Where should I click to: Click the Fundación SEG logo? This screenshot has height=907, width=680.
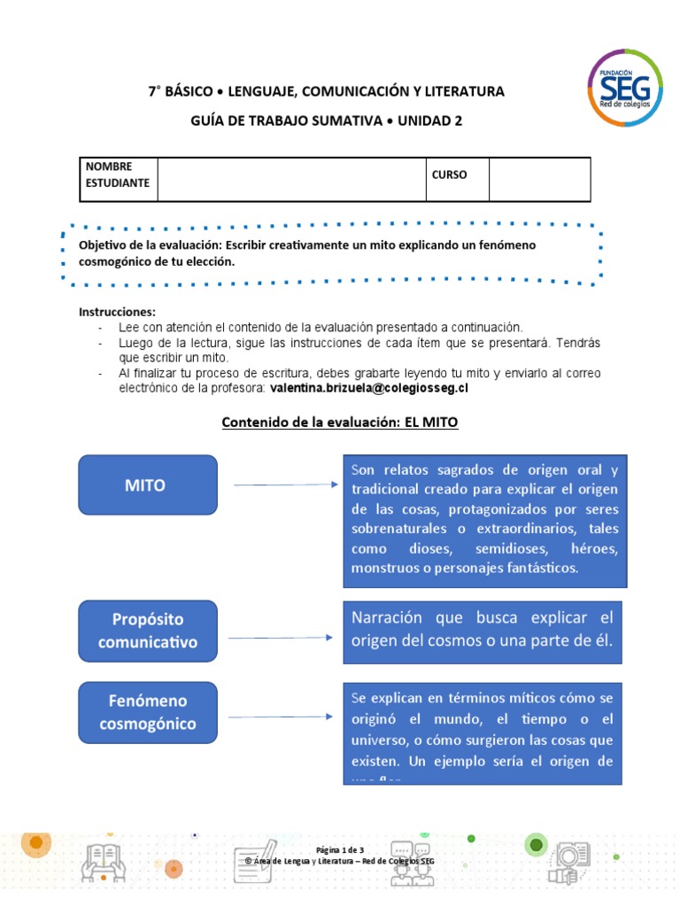point(623,87)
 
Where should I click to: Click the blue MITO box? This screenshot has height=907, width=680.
point(148,485)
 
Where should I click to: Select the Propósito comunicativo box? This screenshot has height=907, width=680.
point(148,631)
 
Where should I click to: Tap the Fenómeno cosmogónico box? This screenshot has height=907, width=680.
point(148,712)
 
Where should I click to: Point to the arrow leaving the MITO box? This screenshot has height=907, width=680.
point(285,485)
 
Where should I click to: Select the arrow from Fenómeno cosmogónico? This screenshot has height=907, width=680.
point(282,718)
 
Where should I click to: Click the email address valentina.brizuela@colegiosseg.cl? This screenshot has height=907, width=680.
point(369,388)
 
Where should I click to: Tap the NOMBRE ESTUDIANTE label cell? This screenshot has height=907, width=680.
point(118,175)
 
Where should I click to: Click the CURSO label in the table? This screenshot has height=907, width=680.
point(449,174)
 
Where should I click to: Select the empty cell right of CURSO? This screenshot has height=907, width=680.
point(538,180)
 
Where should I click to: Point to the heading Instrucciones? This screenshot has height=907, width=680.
point(117,312)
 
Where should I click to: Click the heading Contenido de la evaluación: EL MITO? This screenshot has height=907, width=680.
point(339,423)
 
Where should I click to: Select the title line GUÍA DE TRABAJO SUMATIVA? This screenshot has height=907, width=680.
point(326,121)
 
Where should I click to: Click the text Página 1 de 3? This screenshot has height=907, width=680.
point(340,850)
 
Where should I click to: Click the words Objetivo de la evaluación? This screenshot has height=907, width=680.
point(150,244)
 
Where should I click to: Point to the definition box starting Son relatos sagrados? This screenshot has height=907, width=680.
point(484,519)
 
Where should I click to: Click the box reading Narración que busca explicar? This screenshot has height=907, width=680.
point(483,629)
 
